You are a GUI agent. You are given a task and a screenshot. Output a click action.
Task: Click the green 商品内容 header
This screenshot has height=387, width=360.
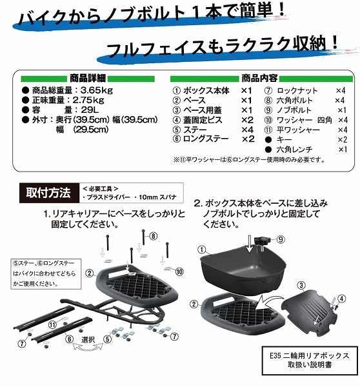(x=261, y=77)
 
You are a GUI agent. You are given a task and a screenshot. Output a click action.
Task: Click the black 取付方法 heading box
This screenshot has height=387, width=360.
(x=48, y=192)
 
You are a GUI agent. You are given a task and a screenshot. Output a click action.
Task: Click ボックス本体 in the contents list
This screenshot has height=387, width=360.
(x=208, y=90)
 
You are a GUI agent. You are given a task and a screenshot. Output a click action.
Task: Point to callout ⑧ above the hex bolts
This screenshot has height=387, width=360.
(x=154, y=237)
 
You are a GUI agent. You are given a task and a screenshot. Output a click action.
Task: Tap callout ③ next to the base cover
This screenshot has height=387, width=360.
(x=301, y=284)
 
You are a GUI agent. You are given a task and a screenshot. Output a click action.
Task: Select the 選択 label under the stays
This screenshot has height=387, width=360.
(x=88, y=338)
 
